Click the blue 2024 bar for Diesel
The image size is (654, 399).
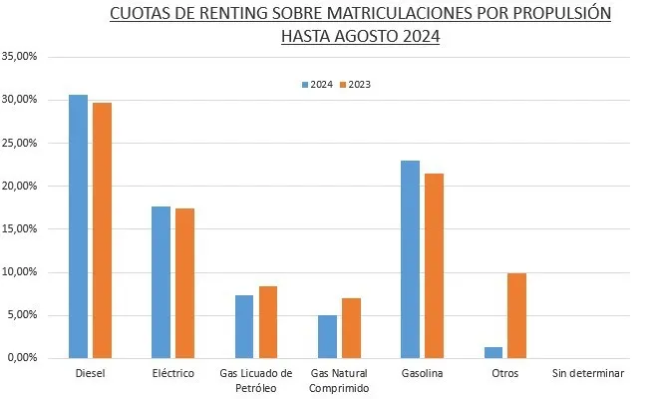(x=78, y=226)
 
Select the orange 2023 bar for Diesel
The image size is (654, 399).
(x=102, y=230)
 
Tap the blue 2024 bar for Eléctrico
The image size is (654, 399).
(x=161, y=282)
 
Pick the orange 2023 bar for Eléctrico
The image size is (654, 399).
(x=184, y=283)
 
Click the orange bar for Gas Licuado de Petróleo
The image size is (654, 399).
(x=268, y=322)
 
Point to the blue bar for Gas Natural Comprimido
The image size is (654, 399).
(x=327, y=336)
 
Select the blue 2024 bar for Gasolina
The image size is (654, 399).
(x=410, y=259)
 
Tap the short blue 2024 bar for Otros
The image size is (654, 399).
(x=492, y=352)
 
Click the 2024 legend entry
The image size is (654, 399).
(x=317, y=85)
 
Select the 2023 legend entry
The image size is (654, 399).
(x=355, y=85)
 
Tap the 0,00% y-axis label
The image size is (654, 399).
(x=21, y=358)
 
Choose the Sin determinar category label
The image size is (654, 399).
(x=587, y=374)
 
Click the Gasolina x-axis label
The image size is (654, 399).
(x=422, y=374)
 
